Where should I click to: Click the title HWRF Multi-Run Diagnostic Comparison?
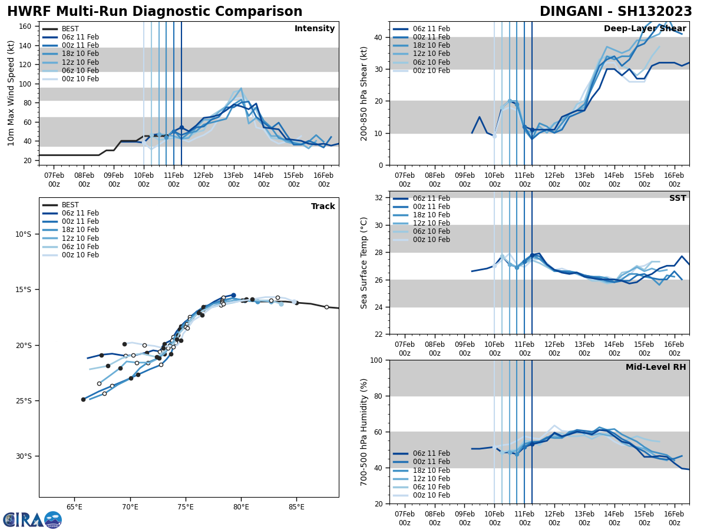click(x=154, y=12)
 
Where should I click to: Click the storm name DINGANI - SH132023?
click(x=616, y=12)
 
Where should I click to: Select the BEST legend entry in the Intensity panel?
click(x=70, y=29)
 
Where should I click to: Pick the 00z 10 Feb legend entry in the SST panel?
click(x=431, y=240)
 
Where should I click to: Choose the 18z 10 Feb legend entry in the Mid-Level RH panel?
click(x=431, y=471)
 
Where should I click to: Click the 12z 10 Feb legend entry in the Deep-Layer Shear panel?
click(x=431, y=54)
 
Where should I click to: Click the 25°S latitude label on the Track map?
click(x=23, y=401)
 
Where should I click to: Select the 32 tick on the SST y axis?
click(x=379, y=198)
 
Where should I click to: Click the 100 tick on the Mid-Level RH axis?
click(x=377, y=360)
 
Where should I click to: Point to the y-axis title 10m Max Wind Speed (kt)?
click(x=11, y=93)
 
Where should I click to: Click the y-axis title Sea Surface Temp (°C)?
click(x=364, y=263)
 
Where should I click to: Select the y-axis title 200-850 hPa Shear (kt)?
click(x=364, y=93)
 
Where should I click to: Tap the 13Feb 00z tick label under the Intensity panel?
click(x=233, y=180)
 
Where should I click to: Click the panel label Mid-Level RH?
click(x=656, y=367)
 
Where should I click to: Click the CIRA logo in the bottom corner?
click(x=32, y=519)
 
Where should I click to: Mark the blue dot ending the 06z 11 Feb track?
click(x=233, y=295)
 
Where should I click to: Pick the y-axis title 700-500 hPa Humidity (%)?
click(x=364, y=432)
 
